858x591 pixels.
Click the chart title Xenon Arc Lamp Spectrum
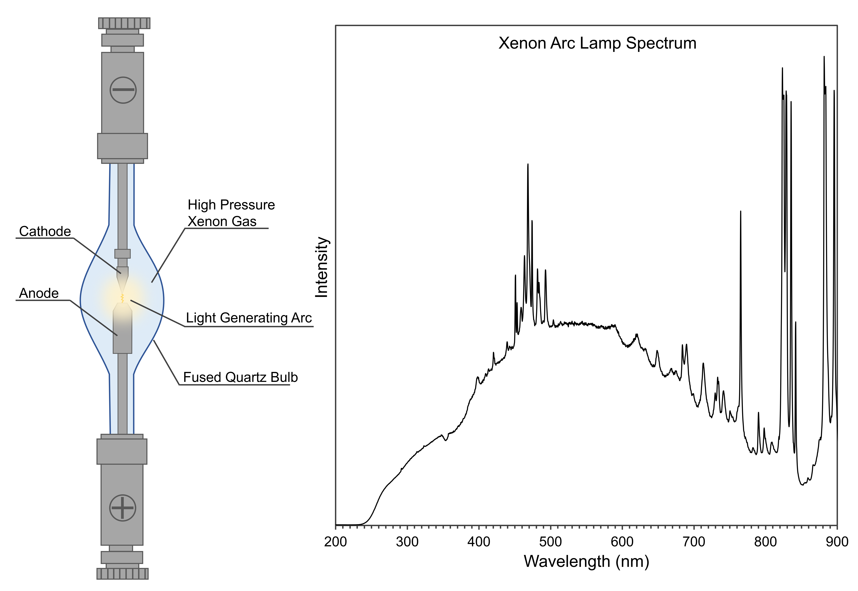point(597,43)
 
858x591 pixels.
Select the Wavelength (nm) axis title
point(586,561)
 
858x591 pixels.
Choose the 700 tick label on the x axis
point(694,542)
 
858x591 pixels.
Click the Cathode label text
point(45,231)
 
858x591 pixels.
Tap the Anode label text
point(39,293)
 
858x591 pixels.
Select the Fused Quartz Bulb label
point(240,377)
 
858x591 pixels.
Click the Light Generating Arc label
point(249,318)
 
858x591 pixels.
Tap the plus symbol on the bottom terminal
point(122,508)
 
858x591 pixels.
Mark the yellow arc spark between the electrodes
point(122,298)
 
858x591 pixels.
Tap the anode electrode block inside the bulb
point(122,330)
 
